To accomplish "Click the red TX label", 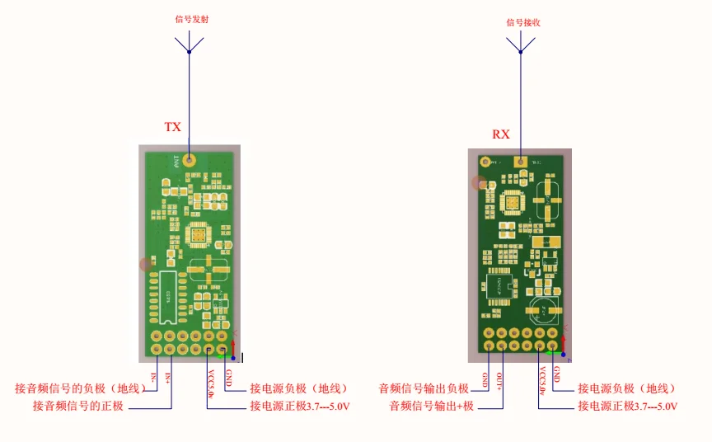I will click(x=172, y=127).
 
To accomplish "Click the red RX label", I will click(x=501, y=134).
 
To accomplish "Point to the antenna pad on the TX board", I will click(x=190, y=159).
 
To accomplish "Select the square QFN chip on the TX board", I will click(x=199, y=236).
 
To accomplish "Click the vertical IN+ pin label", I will click(x=168, y=378).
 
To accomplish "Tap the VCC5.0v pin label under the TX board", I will click(x=210, y=383).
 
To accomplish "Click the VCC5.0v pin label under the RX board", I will click(x=541, y=383).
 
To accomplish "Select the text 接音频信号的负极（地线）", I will click(x=80, y=388).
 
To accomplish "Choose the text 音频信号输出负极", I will click(x=424, y=388).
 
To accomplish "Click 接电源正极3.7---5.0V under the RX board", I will click(x=629, y=407).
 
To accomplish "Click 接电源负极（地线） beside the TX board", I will click(x=298, y=388).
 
